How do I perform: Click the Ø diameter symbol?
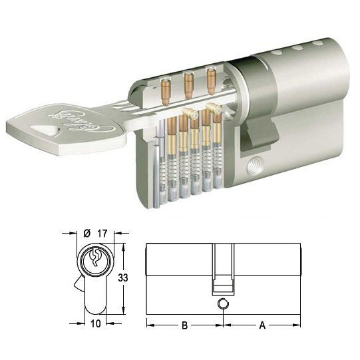(87, 233)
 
